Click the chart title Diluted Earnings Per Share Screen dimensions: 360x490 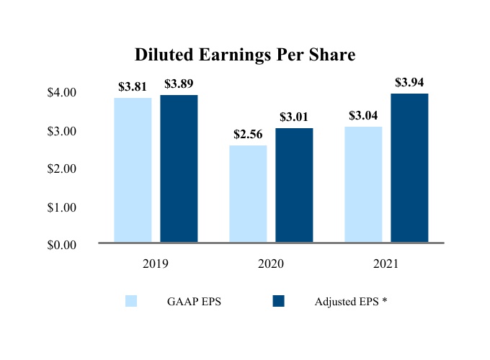pyautogui.click(x=245, y=55)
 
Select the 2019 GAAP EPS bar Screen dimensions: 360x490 pyautogui.click(x=133, y=171)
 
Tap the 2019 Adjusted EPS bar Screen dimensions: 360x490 pyautogui.click(x=179, y=169)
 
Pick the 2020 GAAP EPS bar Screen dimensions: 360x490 pyautogui.click(x=248, y=194)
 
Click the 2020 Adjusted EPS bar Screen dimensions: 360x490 pyautogui.click(x=294, y=186)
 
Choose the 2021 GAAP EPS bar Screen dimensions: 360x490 pyautogui.click(x=363, y=185)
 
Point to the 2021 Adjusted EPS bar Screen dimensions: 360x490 pyautogui.click(x=409, y=168)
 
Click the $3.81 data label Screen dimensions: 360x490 pyautogui.click(x=133, y=87)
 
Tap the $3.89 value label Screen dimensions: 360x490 pyautogui.click(x=179, y=84)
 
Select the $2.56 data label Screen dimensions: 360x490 pyautogui.click(x=248, y=135)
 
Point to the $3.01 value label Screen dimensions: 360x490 pyautogui.click(x=294, y=117)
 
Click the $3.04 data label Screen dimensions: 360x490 pyautogui.click(x=363, y=116)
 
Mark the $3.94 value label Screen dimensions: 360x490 pyautogui.click(x=409, y=83)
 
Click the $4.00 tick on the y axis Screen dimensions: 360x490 pyautogui.click(x=61, y=93)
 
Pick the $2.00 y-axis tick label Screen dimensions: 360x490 pyautogui.click(x=61, y=168)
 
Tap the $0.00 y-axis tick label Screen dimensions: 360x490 pyautogui.click(x=61, y=245)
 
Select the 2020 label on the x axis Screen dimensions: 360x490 pyautogui.click(x=271, y=264)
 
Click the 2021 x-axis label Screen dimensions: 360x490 pyautogui.click(x=386, y=264)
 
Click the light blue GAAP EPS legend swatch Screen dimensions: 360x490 pyautogui.click(x=131, y=302)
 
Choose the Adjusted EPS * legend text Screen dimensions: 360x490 pyautogui.click(x=351, y=302)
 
